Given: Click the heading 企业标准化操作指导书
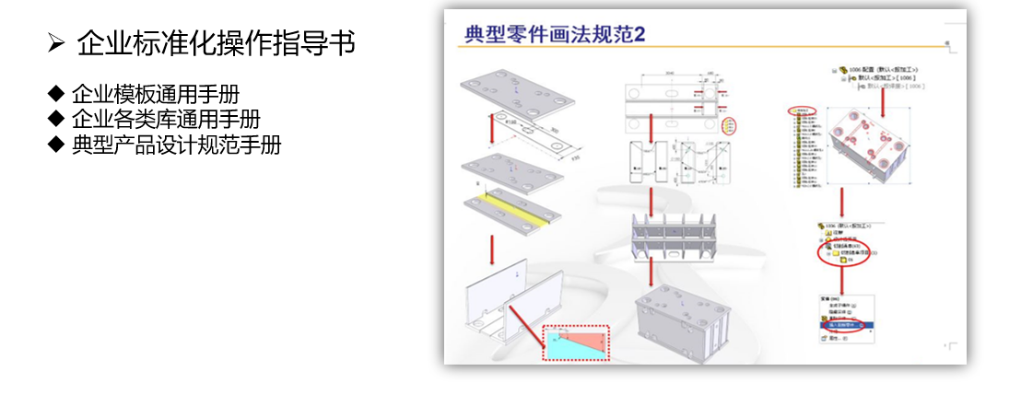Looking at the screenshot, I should tap(217, 42).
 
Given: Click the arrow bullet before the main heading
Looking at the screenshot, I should tap(55, 42).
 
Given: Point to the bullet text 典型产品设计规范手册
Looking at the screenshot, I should tap(176, 145).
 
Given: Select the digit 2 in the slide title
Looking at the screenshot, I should tap(638, 34).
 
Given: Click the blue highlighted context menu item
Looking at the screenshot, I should tap(839, 325).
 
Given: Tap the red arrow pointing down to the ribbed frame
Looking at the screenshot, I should tap(651, 200).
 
